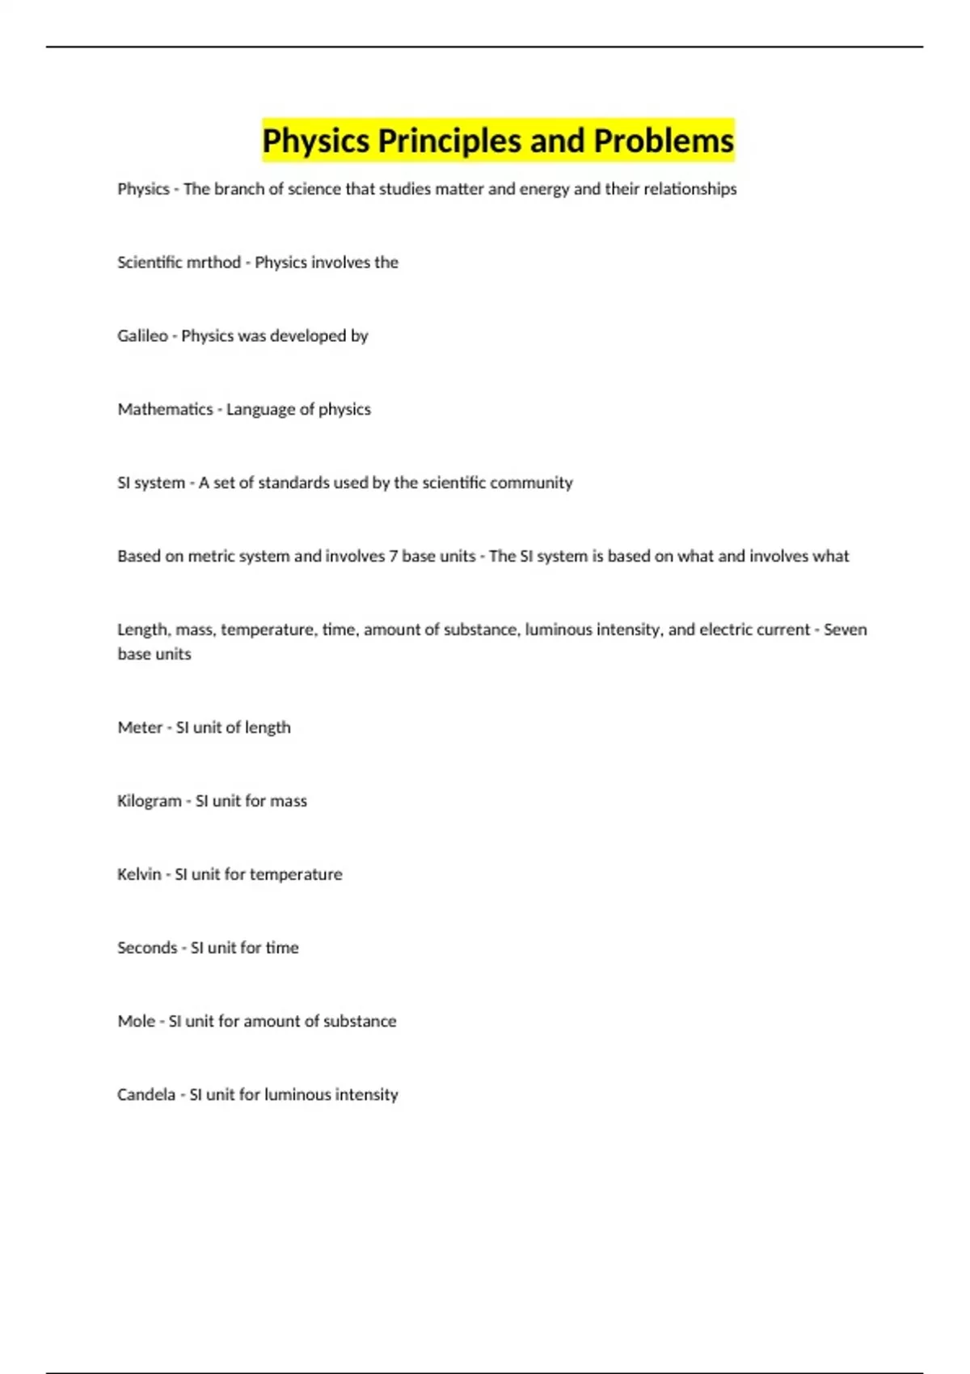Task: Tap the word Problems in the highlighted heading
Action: pos(664,141)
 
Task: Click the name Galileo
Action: pos(142,336)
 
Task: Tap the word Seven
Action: pos(845,630)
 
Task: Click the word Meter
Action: pos(140,727)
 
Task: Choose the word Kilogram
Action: pos(149,801)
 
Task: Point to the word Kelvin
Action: pos(139,875)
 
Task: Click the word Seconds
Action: pos(146,948)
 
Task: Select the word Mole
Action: pos(136,1022)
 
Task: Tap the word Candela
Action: pos(145,1095)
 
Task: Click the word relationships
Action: pos(690,189)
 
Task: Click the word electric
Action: pos(725,630)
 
